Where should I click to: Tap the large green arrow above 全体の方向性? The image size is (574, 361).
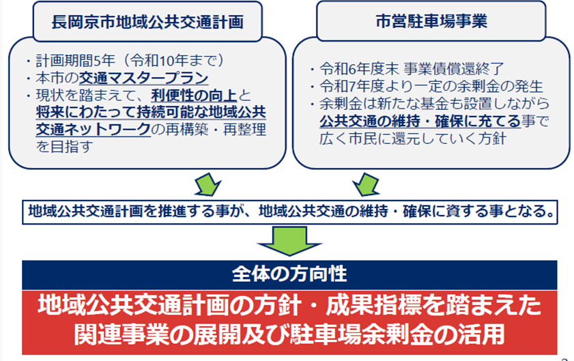287,240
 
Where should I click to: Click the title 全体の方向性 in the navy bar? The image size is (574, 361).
289,274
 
